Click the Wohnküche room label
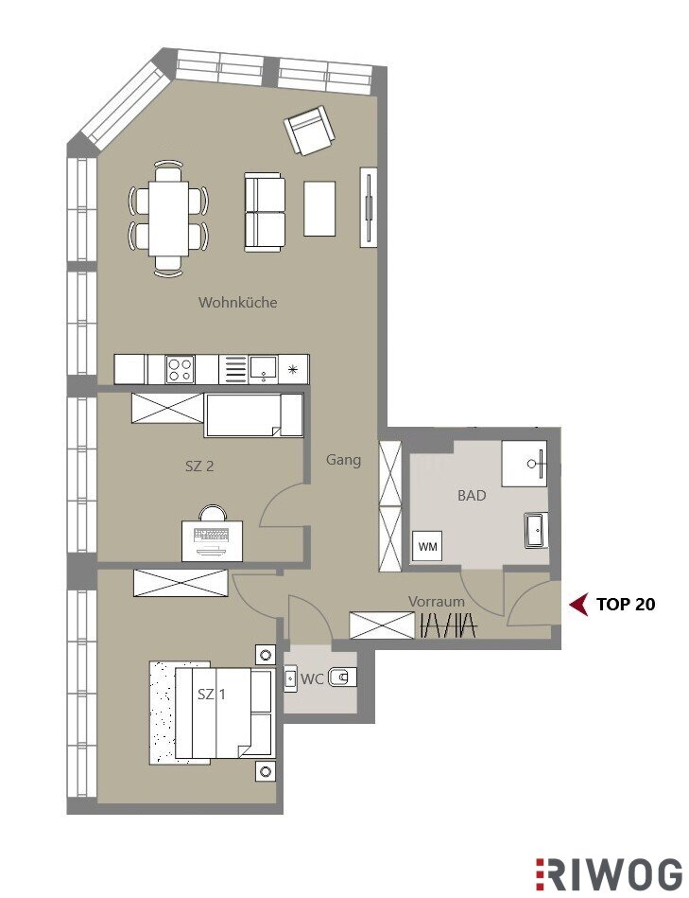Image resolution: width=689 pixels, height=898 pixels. coord(238,302)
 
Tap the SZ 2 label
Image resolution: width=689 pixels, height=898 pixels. coord(199,467)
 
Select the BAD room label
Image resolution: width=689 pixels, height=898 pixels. coord(472,496)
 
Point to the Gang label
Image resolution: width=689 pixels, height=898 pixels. coord(344,460)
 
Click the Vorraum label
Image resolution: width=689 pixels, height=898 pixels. coord(437,601)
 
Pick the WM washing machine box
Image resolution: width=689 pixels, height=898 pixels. coord(428,546)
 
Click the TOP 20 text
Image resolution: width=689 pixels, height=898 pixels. coord(626,605)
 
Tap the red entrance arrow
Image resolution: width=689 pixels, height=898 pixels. coord(578,605)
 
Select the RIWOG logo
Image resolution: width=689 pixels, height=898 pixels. coord(609,874)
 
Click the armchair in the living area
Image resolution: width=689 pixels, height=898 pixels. coord(309,130)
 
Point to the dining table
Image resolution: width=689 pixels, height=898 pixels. coord(168,220)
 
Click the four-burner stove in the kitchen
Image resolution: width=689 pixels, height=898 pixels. coord(181,369)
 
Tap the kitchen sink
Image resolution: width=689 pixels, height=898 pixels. coord(264,368)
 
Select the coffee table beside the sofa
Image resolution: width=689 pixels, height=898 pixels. coord(319,208)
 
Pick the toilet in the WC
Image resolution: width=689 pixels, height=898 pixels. coord(342,678)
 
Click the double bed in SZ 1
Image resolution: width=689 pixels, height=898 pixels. coord(223,713)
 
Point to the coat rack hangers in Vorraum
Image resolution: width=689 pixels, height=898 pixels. coord(448,625)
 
